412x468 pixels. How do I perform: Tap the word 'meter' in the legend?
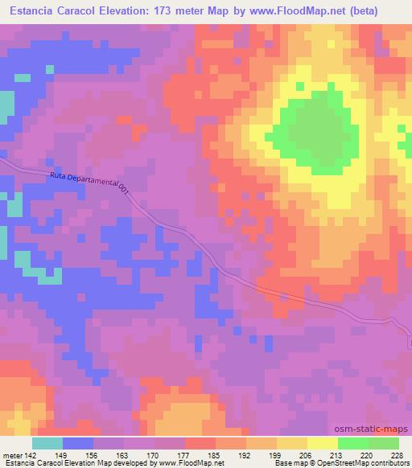[x=10, y=454]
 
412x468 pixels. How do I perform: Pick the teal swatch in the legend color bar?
[x=47, y=443]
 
